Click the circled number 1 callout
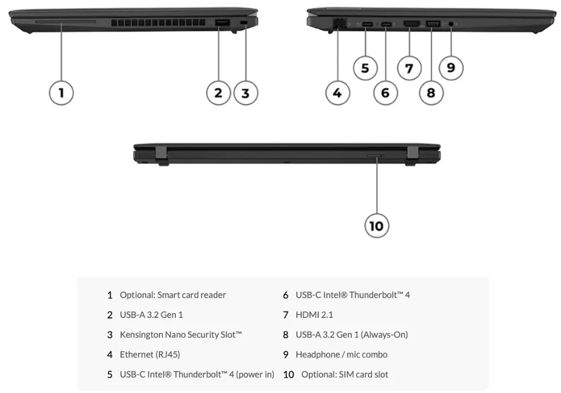pos(61,93)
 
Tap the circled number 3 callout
pos(245,93)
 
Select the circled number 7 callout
pos(409,69)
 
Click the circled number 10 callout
pos(377,225)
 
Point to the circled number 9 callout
pos(451,67)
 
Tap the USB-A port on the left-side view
pos(222,22)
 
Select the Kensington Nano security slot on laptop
pos(244,22)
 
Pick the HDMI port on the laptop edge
pos(411,24)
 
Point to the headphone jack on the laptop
pos(451,24)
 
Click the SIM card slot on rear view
pos(375,156)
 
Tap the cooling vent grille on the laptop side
pos(157,24)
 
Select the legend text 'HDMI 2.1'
pos(314,315)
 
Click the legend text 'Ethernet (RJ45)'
pos(150,355)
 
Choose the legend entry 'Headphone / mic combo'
pos(341,355)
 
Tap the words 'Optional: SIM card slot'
pos(345,374)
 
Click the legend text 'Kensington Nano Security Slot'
pos(181,334)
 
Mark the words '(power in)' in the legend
pos(255,374)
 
